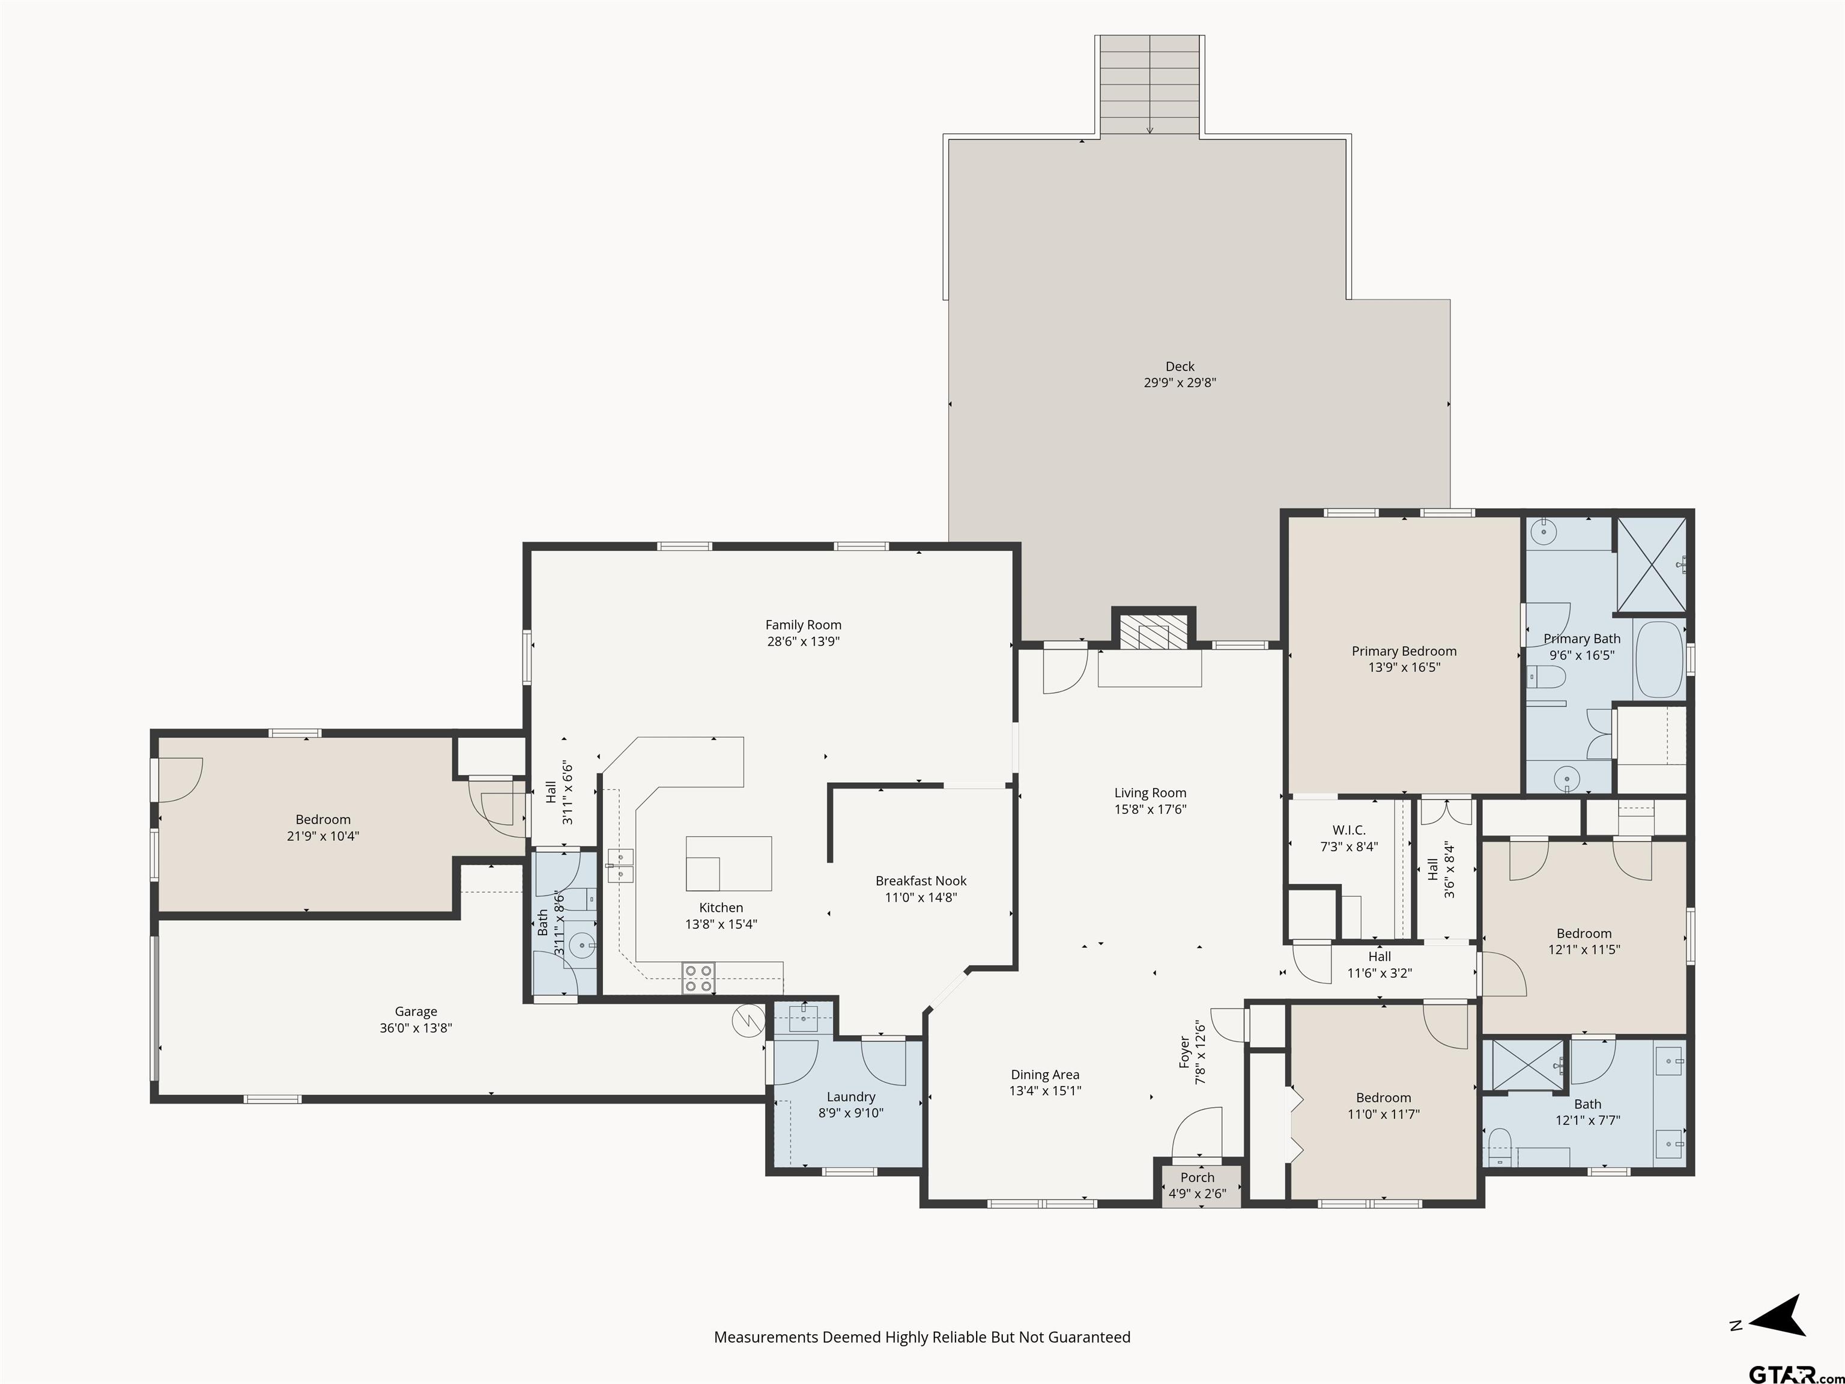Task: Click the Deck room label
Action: click(x=1180, y=366)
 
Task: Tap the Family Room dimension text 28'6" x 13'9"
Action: click(x=803, y=642)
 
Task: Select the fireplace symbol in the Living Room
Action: click(x=1152, y=633)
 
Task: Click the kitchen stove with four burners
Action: click(x=698, y=978)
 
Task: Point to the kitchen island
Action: click(x=728, y=863)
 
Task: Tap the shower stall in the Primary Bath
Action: click(x=1652, y=565)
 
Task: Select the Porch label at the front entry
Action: click(x=1197, y=1177)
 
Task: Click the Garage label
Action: click(x=416, y=1011)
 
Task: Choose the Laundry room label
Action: click(x=851, y=1096)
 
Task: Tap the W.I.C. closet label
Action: click(x=1349, y=830)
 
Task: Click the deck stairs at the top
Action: click(x=1150, y=85)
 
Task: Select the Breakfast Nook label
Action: click(x=921, y=881)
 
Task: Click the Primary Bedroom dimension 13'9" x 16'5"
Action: click(x=1404, y=667)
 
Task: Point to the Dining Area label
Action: click(x=1045, y=1075)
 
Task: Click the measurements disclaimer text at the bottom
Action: click(x=922, y=1337)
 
